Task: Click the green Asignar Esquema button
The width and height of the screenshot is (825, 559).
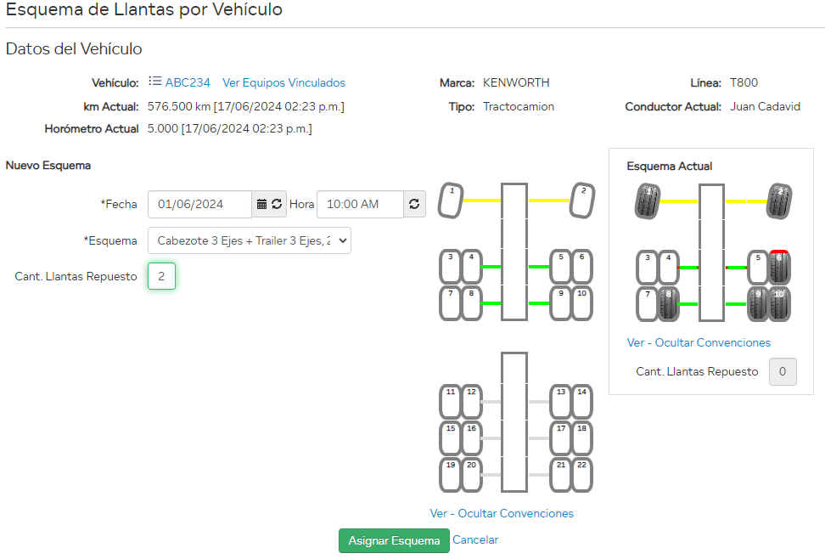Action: [x=394, y=541]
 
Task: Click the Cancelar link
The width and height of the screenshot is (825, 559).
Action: [x=475, y=540]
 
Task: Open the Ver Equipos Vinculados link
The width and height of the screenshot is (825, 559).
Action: [x=283, y=83]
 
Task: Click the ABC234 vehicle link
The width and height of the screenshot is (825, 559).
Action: [x=187, y=83]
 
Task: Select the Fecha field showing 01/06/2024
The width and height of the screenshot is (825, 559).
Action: [x=199, y=205]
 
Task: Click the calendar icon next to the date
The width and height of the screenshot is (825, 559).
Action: [x=262, y=205]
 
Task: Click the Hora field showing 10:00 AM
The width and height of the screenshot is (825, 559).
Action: [x=359, y=205]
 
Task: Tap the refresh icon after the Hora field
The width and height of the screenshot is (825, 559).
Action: [x=414, y=205]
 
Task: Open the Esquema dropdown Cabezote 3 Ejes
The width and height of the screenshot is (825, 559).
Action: [x=249, y=240]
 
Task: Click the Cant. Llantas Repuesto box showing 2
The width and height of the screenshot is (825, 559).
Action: [x=161, y=276]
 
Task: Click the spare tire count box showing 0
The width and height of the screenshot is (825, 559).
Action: [x=782, y=371]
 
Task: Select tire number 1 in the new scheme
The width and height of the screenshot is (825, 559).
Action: [x=451, y=201]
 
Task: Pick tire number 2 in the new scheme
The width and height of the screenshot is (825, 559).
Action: [x=582, y=201]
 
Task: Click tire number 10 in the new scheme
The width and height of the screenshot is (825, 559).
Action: [x=581, y=303]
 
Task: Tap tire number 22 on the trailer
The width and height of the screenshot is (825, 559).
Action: [x=581, y=475]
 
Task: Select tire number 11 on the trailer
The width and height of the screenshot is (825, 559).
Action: [x=451, y=402]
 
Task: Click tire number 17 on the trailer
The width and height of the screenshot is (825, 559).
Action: [x=561, y=438]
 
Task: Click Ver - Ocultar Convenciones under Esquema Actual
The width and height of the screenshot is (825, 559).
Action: [x=699, y=343]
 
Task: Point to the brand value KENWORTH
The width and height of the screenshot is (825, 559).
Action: [x=516, y=83]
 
